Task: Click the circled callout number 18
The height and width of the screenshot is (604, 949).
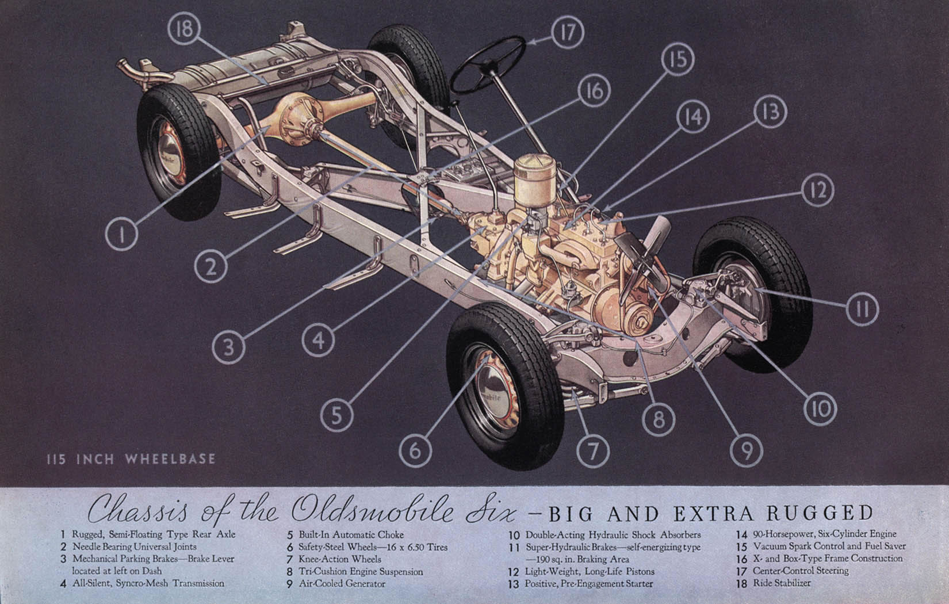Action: (x=184, y=29)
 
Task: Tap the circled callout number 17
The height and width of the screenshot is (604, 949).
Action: (x=568, y=32)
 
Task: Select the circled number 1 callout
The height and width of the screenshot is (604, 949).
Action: (x=121, y=234)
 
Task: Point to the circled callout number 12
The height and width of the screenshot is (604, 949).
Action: (x=818, y=190)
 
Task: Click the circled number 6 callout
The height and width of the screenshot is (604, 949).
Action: (x=415, y=450)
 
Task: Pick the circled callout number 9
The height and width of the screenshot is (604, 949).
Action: (x=747, y=450)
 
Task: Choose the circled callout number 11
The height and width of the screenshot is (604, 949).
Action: (x=863, y=309)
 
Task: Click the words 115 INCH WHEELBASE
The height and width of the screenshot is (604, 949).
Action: (x=131, y=459)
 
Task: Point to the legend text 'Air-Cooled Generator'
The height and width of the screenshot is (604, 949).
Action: (x=342, y=584)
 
